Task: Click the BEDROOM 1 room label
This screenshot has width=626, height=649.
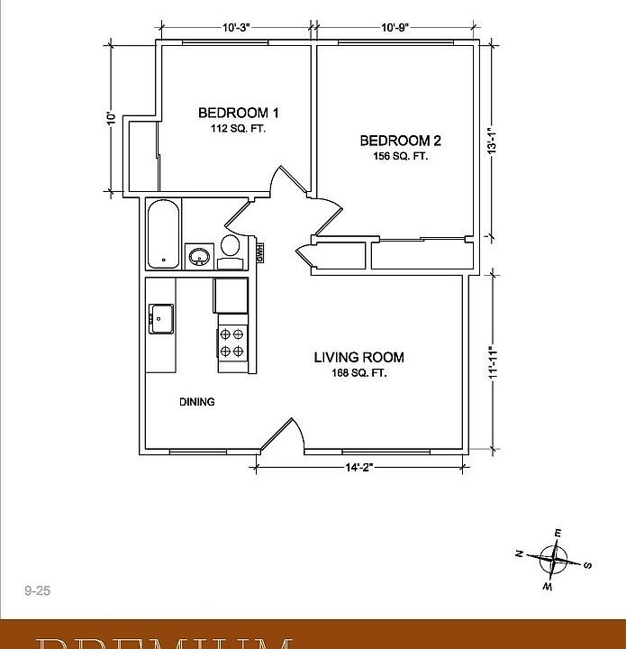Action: (238, 113)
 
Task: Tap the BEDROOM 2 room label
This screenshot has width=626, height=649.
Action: (400, 140)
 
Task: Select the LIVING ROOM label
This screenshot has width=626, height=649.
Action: (358, 357)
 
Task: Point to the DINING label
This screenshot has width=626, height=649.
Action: (196, 402)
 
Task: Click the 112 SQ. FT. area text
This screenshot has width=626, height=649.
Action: (238, 129)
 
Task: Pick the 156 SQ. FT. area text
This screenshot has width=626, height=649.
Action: (400, 156)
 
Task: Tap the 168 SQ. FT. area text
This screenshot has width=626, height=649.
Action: (358, 373)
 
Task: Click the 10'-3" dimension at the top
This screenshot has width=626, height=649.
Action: (240, 27)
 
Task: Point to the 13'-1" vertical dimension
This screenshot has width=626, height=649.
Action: (492, 144)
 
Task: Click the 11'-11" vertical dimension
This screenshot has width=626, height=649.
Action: (492, 362)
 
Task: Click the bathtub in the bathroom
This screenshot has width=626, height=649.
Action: (163, 234)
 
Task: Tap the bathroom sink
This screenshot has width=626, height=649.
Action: (198, 257)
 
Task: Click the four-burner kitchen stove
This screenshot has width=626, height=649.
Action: (231, 343)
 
